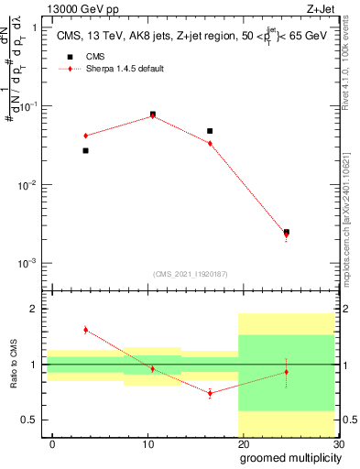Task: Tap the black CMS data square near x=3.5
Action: [x=85, y=150]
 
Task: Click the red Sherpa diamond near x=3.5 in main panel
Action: [x=85, y=136]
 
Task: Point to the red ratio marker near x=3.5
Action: [x=85, y=330]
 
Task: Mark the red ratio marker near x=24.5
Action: [x=287, y=372]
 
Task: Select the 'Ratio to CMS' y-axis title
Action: [x=14, y=365]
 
